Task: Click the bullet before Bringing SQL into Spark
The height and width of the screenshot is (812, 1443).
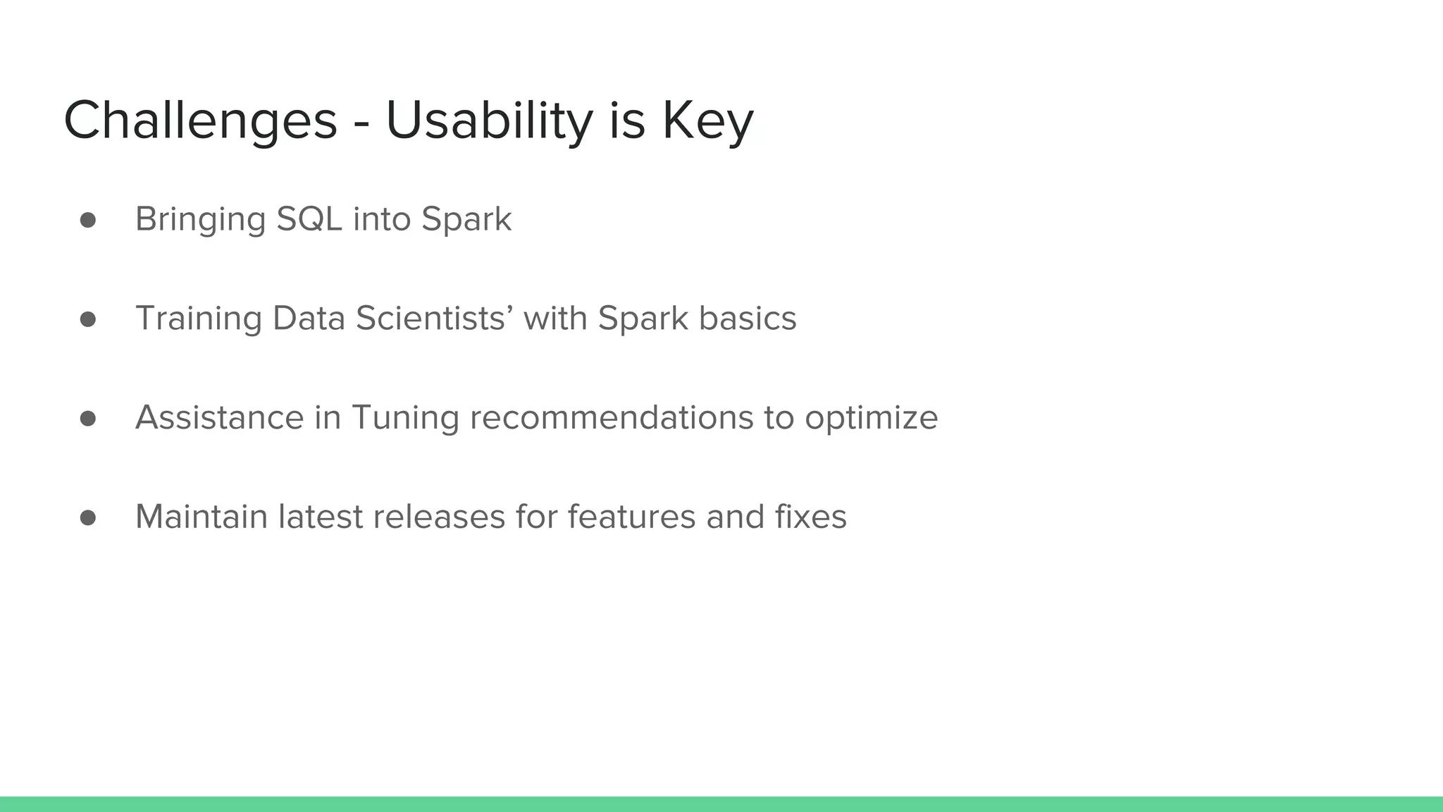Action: (x=88, y=220)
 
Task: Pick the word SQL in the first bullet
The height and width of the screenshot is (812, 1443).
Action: (x=309, y=219)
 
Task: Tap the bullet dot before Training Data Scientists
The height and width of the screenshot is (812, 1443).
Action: (x=88, y=319)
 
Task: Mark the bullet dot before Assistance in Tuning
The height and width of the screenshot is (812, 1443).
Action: (x=88, y=419)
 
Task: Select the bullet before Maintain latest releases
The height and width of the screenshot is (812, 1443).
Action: (x=88, y=518)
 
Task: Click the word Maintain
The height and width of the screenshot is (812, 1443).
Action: (x=202, y=517)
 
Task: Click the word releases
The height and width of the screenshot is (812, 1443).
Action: (x=438, y=517)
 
